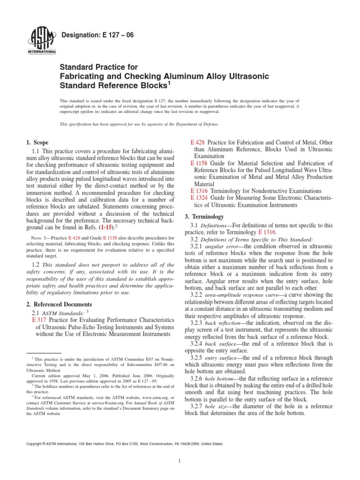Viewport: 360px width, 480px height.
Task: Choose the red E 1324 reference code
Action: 199,198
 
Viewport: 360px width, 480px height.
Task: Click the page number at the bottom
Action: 180,461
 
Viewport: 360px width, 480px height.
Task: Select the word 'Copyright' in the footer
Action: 35,443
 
